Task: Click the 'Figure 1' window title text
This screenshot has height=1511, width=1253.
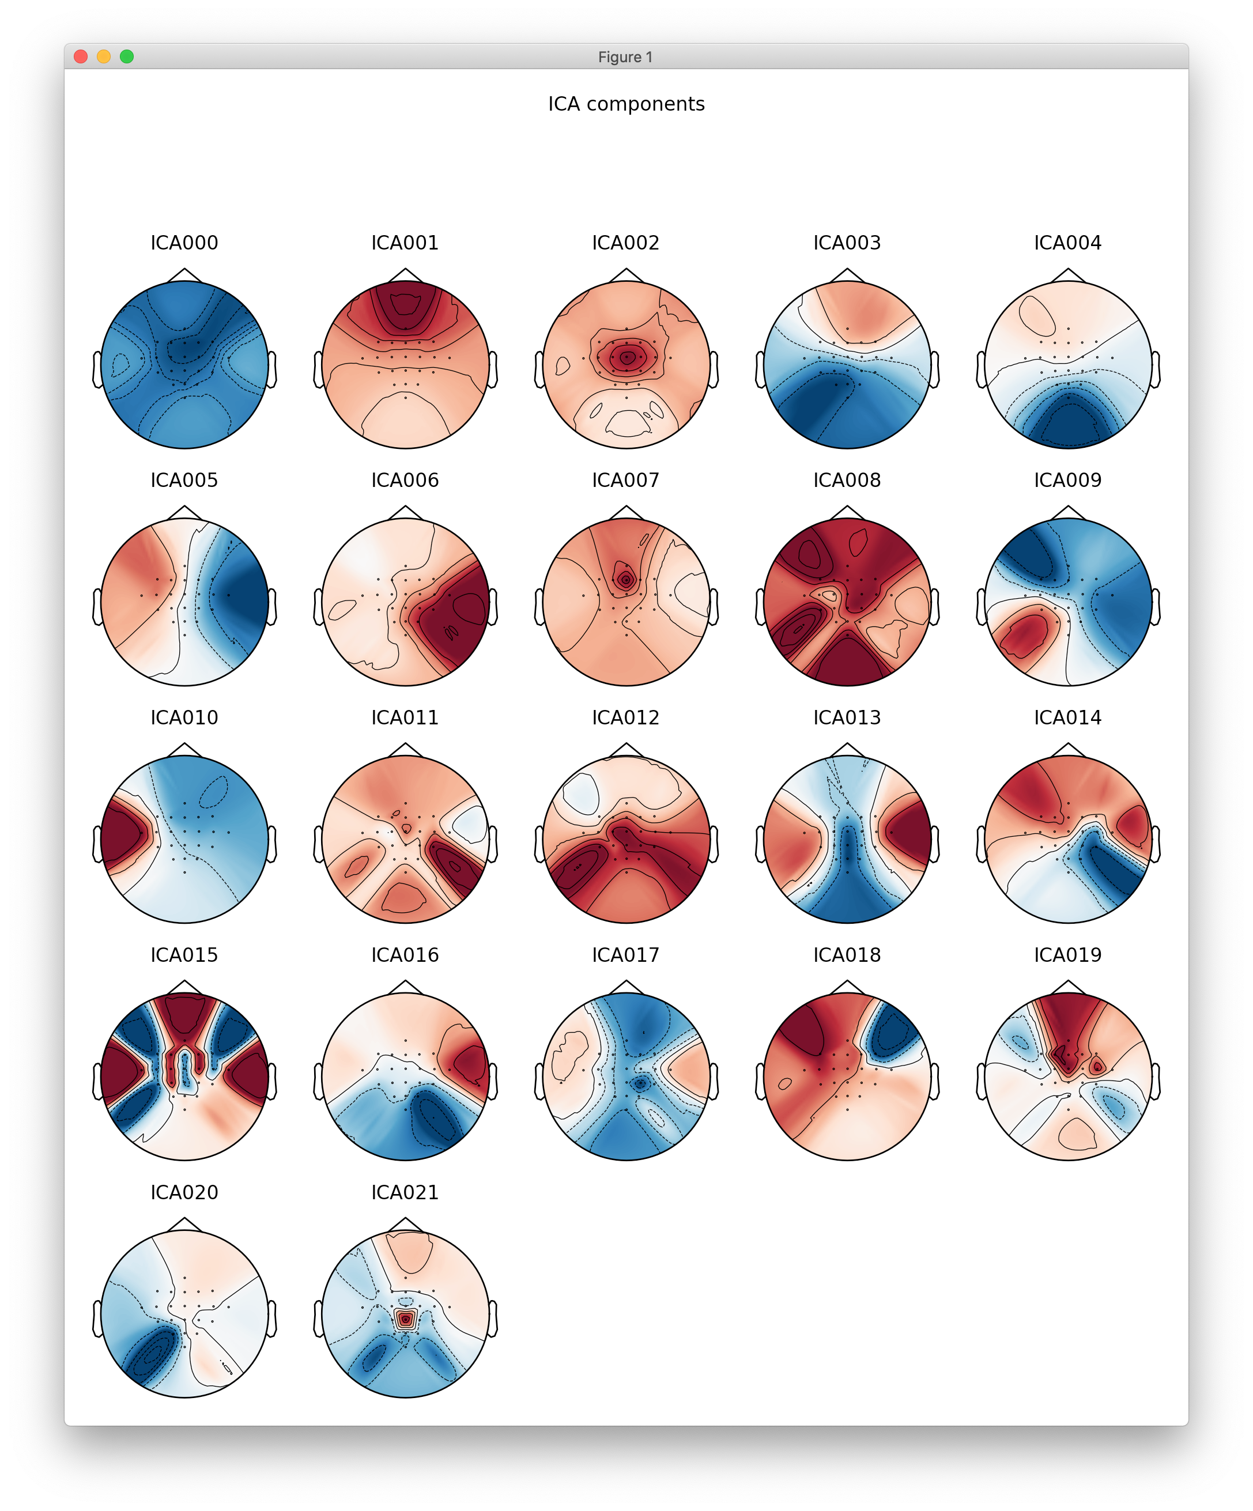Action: (x=625, y=57)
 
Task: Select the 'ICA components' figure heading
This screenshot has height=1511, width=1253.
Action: (x=626, y=104)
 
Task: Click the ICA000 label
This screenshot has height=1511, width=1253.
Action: (x=184, y=243)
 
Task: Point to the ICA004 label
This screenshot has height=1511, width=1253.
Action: (x=1067, y=243)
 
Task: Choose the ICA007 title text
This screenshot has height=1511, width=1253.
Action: (x=625, y=481)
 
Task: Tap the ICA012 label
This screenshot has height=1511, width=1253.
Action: (x=625, y=718)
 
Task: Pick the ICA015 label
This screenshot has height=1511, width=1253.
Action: (x=184, y=955)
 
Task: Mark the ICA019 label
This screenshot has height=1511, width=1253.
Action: (x=1067, y=955)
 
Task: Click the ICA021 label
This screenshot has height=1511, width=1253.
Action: (x=405, y=1193)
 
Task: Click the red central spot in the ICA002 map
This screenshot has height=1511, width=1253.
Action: (x=626, y=357)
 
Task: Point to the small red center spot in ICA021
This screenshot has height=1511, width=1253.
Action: (x=406, y=1319)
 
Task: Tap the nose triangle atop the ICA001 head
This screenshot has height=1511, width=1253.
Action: (x=405, y=275)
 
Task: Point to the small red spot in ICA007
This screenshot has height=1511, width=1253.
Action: (x=625, y=579)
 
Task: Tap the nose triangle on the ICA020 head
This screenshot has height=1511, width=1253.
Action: (x=184, y=1224)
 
